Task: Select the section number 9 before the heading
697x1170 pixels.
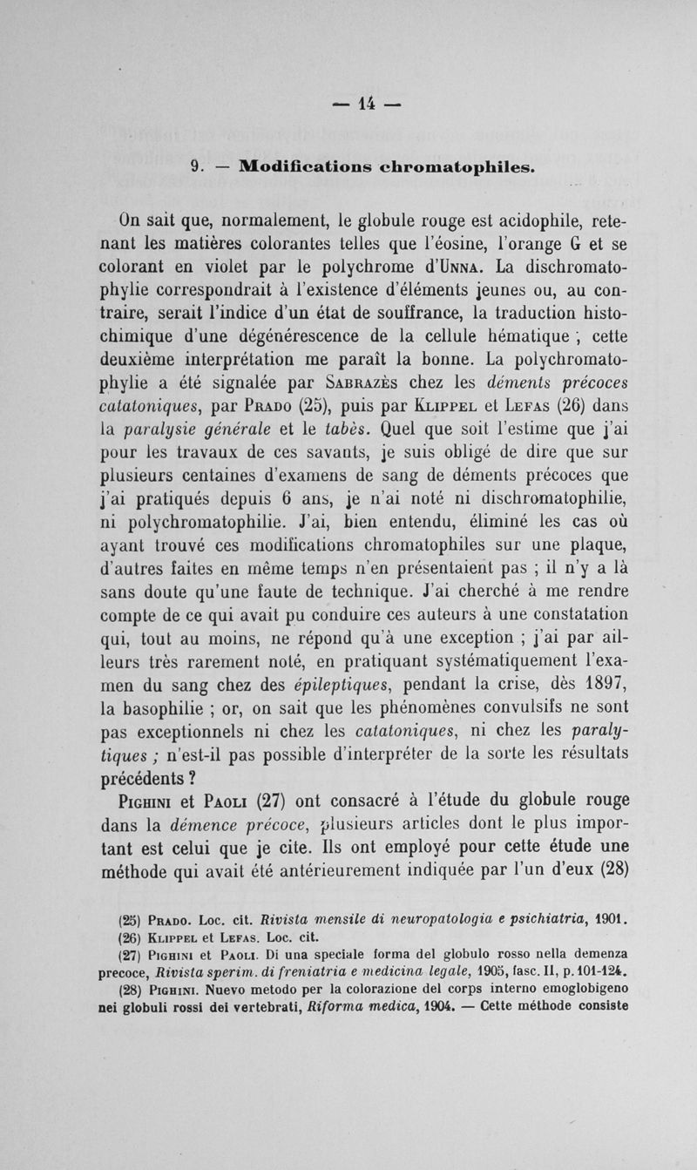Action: (x=196, y=165)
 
